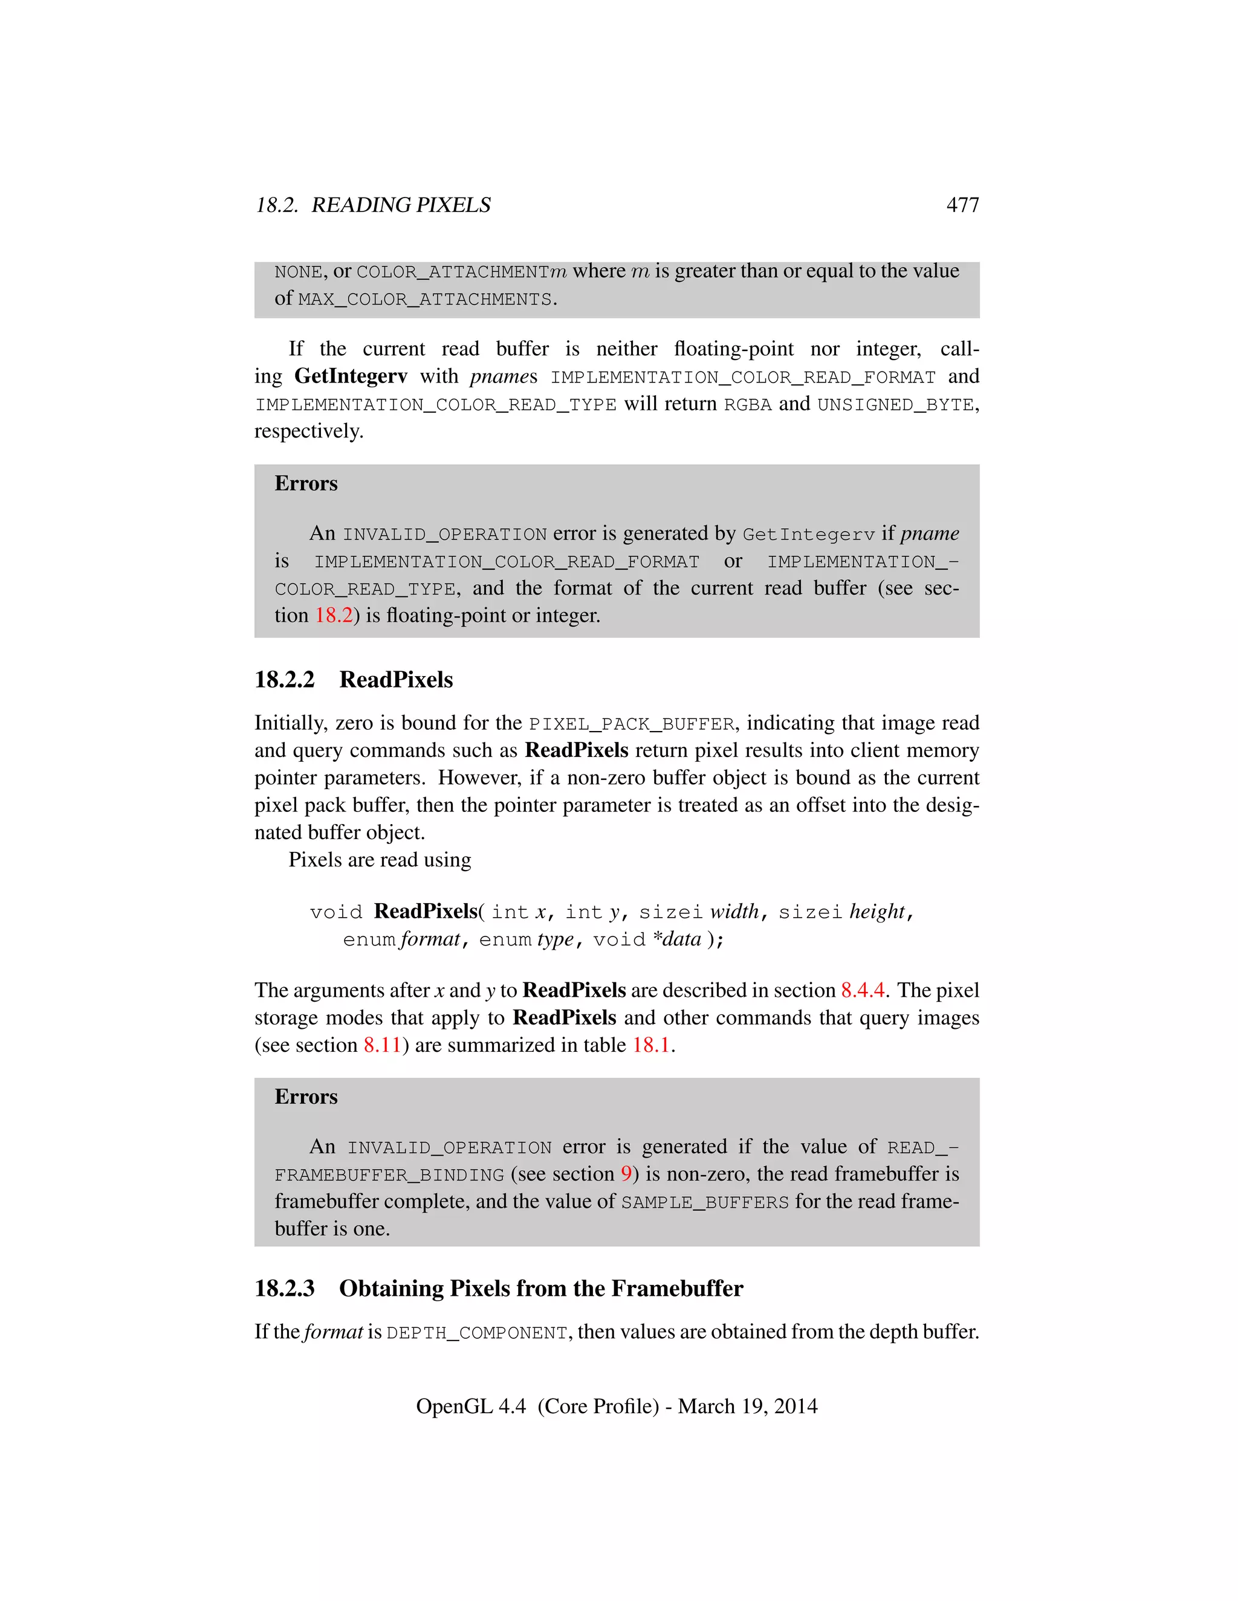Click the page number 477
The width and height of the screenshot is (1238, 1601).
pyautogui.click(x=962, y=205)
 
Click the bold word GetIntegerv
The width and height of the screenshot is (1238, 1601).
pyautogui.click(x=351, y=376)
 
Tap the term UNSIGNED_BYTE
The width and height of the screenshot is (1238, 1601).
pyautogui.click(x=895, y=405)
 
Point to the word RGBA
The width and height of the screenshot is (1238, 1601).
pyautogui.click(x=747, y=405)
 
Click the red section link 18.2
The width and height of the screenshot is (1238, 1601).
pyautogui.click(x=334, y=615)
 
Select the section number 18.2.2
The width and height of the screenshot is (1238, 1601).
pyautogui.click(x=285, y=680)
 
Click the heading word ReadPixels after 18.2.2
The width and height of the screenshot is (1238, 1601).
pyautogui.click(x=396, y=680)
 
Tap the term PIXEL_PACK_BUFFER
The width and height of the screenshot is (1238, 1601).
pyautogui.click(x=632, y=724)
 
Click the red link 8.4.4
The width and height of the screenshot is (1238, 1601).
pyautogui.click(x=863, y=990)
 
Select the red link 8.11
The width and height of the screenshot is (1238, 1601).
pyautogui.click(x=382, y=1045)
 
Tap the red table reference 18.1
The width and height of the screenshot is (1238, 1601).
pyautogui.click(x=651, y=1045)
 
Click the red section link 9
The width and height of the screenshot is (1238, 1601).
pyautogui.click(x=626, y=1174)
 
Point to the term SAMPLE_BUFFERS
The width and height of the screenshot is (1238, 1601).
pyautogui.click(x=705, y=1202)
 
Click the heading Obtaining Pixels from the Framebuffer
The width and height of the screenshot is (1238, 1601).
pyautogui.click(x=540, y=1288)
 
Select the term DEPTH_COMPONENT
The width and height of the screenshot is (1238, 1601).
pyautogui.click(x=477, y=1333)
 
